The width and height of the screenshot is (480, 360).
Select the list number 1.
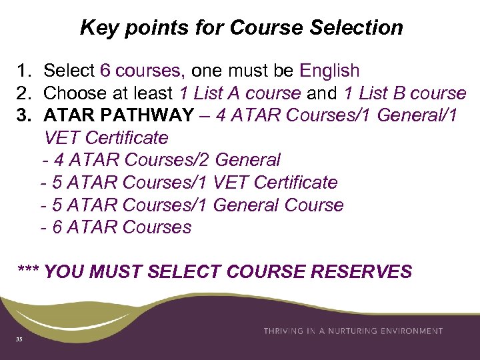pyautogui.click(x=24, y=71)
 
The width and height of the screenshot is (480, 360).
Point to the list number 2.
pyautogui.click(x=24, y=93)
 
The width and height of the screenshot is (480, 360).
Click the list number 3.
pyautogui.click(x=24, y=115)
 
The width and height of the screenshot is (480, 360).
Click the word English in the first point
pyautogui.click(x=329, y=71)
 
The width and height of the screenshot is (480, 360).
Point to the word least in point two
pyautogui.click(x=151, y=93)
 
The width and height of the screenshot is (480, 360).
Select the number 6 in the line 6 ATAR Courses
pyautogui.click(x=57, y=227)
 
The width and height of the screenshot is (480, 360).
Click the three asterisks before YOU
pyautogui.click(x=29, y=272)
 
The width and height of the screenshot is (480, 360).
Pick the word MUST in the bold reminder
pyautogui.click(x=116, y=272)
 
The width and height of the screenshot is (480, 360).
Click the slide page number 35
pyautogui.click(x=19, y=339)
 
